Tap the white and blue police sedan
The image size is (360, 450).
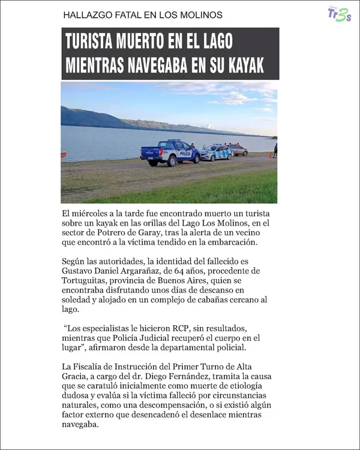click(215, 152)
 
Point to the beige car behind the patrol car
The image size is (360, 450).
click(238, 149)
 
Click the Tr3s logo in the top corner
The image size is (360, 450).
click(340, 14)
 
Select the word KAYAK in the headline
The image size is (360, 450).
click(246, 65)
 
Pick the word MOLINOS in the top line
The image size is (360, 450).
click(202, 14)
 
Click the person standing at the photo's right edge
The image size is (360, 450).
click(275, 150)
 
